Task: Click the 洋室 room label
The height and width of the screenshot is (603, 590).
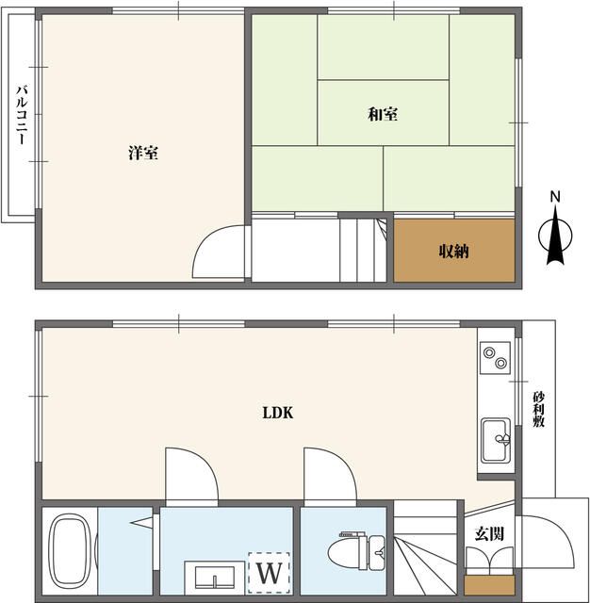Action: [143, 153]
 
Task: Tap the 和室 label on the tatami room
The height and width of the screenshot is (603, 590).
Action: [383, 114]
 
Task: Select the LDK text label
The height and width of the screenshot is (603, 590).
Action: [278, 413]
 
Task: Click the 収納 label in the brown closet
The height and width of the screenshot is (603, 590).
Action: [454, 252]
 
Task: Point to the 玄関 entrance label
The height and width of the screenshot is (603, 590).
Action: [489, 533]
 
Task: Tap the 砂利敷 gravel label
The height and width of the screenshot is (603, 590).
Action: [538, 409]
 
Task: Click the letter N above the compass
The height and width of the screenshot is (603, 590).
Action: [555, 197]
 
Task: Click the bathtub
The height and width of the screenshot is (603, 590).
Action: [70, 550]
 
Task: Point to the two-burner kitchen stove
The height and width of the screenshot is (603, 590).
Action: [496, 357]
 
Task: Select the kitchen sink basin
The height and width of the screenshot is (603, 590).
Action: [496, 440]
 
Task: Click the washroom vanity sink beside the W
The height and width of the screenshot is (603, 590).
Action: [215, 577]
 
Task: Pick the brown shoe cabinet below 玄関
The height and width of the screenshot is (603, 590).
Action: [489, 585]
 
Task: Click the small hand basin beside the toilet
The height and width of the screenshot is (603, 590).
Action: [377, 553]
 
